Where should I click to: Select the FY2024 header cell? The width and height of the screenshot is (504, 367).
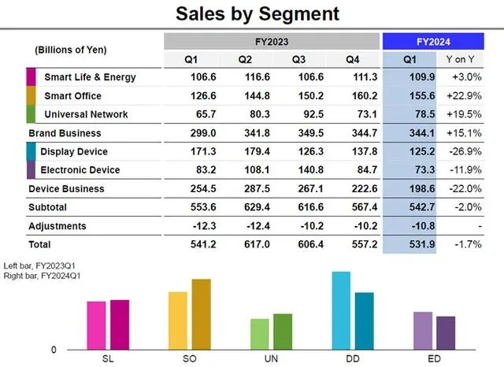(x=433, y=41)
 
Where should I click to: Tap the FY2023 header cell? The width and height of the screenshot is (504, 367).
(x=271, y=41)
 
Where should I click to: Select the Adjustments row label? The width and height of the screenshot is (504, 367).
(x=57, y=226)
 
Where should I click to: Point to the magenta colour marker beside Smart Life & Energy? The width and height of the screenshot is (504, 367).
(x=31, y=77)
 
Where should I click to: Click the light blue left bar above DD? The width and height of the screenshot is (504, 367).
(x=342, y=310)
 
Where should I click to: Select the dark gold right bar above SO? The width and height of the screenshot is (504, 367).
(x=202, y=314)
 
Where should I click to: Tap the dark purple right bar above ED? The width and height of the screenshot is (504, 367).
(x=446, y=332)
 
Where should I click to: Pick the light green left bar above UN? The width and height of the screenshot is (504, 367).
(x=260, y=334)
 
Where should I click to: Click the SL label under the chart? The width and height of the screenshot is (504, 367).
(x=109, y=358)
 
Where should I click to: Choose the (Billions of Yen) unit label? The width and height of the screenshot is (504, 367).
(x=71, y=50)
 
